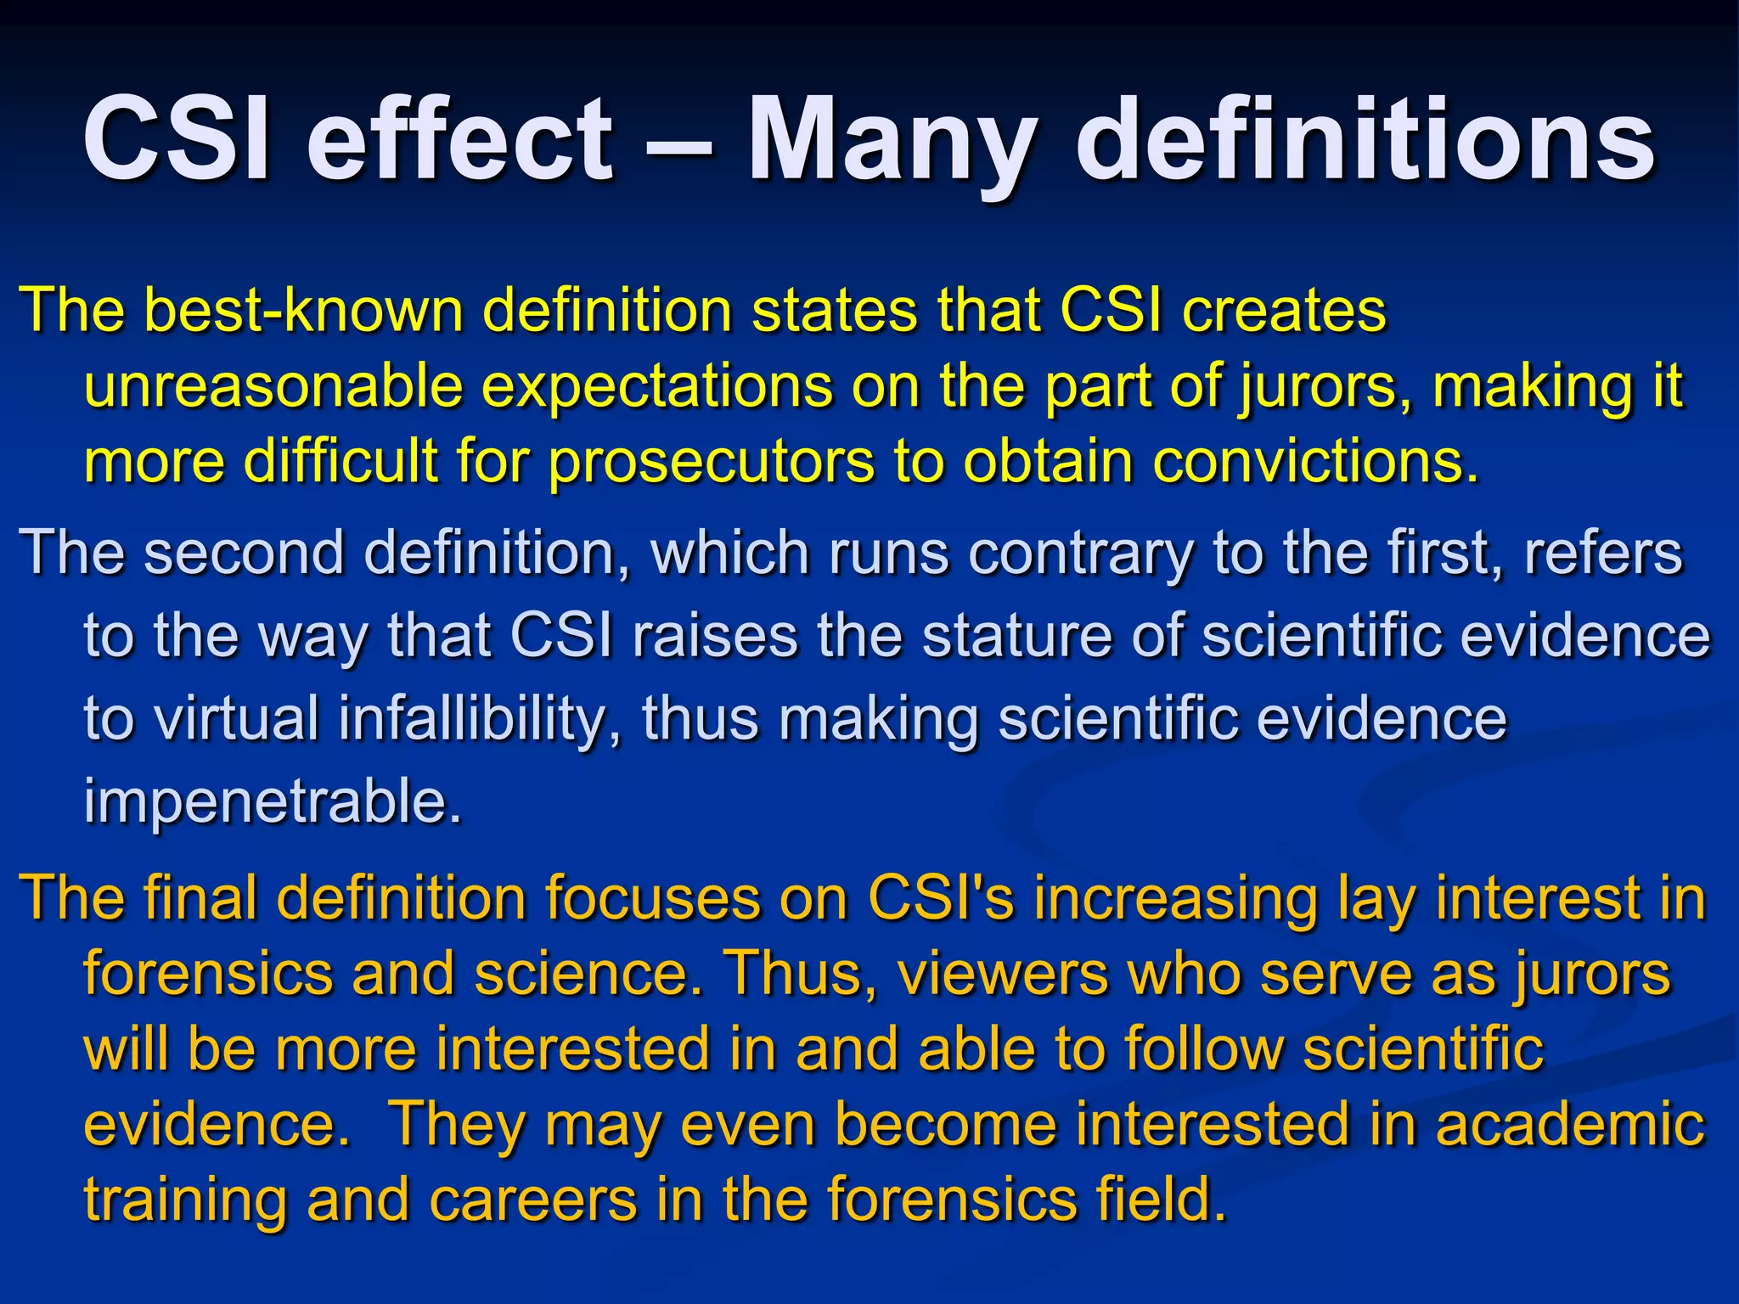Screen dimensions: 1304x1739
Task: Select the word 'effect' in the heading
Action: tap(459, 140)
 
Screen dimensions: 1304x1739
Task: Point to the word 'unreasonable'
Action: tap(273, 387)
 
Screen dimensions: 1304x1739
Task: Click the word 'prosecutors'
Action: tap(711, 464)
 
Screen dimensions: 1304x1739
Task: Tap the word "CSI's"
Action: tap(940, 898)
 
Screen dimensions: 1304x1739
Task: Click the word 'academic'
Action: tap(1570, 1126)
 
